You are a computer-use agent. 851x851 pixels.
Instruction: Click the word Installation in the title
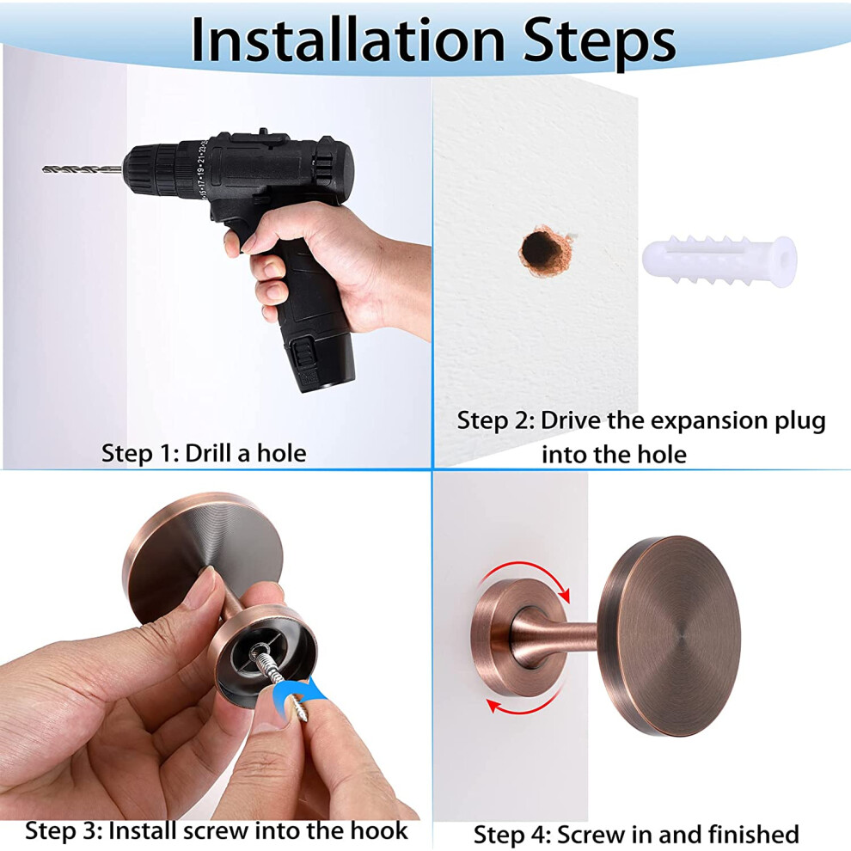pyautogui.click(x=348, y=40)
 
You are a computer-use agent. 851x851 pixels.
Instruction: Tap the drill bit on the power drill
pyautogui.click(x=82, y=170)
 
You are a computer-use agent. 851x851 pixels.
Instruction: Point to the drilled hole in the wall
pyautogui.click(x=543, y=251)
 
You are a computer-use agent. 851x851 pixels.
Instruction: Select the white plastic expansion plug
pyautogui.click(x=719, y=261)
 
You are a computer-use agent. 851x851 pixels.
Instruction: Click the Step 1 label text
pyautogui.click(x=204, y=453)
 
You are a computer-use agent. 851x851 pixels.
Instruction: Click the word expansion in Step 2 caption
pyautogui.click(x=710, y=422)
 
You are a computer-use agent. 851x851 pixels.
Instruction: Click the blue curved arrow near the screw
pyautogui.click(x=298, y=700)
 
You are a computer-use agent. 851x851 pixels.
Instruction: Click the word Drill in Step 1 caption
pyautogui.click(x=208, y=453)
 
